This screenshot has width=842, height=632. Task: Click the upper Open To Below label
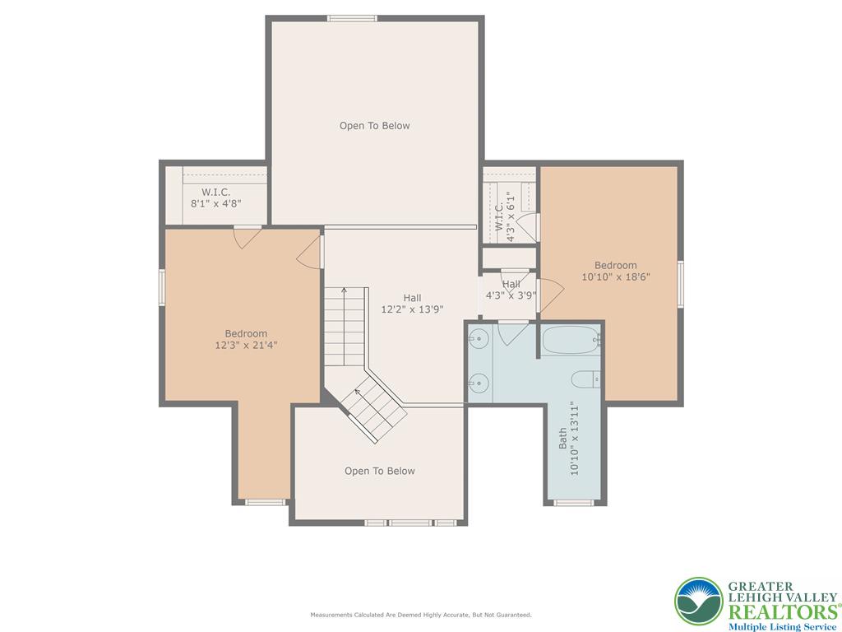374,126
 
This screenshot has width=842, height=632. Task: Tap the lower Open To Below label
380,472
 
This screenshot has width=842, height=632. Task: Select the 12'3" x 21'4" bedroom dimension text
246,345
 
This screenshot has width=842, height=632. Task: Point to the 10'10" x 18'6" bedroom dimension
616,276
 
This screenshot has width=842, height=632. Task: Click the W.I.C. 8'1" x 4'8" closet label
216,197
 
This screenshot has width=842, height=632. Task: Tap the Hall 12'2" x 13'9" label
413,304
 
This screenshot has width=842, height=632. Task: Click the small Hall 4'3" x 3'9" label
511,290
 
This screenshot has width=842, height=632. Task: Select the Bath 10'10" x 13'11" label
569,439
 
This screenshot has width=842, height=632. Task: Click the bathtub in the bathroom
571,340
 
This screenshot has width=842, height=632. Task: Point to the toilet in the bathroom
585,379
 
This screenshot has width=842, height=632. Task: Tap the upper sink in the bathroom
477,338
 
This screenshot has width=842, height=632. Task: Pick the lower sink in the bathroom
477,383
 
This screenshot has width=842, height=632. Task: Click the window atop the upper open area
352,18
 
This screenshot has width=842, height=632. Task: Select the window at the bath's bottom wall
573,503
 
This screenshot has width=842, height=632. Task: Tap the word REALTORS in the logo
783,611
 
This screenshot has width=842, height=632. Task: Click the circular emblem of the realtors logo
699,601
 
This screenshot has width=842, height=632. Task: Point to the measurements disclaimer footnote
421,614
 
